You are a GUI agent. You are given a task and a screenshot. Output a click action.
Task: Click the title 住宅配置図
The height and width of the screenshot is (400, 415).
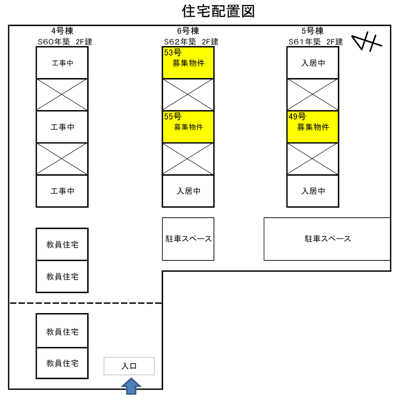(218, 11)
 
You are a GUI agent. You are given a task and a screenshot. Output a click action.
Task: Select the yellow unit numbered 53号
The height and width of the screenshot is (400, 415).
(188, 62)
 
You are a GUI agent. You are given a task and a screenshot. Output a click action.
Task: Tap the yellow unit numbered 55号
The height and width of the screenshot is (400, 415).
(188, 127)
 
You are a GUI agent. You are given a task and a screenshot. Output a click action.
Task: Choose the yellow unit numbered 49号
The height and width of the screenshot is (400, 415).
(313, 127)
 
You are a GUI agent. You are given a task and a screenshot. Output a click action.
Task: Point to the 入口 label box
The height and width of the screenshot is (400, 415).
(129, 366)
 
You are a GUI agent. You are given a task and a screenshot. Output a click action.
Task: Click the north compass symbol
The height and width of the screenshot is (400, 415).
(367, 41)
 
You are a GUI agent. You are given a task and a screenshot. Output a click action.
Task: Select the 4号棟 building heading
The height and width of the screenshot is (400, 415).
(62, 31)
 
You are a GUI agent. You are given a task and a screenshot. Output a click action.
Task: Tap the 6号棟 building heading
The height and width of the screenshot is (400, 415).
(188, 31)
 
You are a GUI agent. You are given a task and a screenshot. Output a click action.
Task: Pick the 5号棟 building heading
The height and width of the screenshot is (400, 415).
(313, 31)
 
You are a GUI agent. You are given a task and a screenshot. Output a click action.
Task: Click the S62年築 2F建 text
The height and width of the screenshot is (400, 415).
(191, 42)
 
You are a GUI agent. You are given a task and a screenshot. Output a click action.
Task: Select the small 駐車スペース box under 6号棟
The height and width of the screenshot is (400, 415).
(188, 239)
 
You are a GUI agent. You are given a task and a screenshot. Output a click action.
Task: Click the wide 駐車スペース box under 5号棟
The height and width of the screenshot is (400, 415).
(327, 239)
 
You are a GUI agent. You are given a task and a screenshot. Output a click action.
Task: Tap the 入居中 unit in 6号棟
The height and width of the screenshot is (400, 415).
(188, 191)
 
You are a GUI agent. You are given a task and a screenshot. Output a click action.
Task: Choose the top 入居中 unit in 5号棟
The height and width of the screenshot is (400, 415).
(313, 63)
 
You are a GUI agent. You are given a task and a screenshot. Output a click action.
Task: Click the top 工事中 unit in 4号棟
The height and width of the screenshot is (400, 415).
(62, 63)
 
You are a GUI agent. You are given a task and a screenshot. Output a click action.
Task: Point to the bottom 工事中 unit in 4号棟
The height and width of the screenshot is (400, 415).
(62, 191)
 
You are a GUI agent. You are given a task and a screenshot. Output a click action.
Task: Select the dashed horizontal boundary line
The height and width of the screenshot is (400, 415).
(85, 303)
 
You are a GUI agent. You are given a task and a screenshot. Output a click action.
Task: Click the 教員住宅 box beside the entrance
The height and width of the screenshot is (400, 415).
(62, 363)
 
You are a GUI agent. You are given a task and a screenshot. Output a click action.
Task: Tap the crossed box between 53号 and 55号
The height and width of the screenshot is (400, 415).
(188, 94)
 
